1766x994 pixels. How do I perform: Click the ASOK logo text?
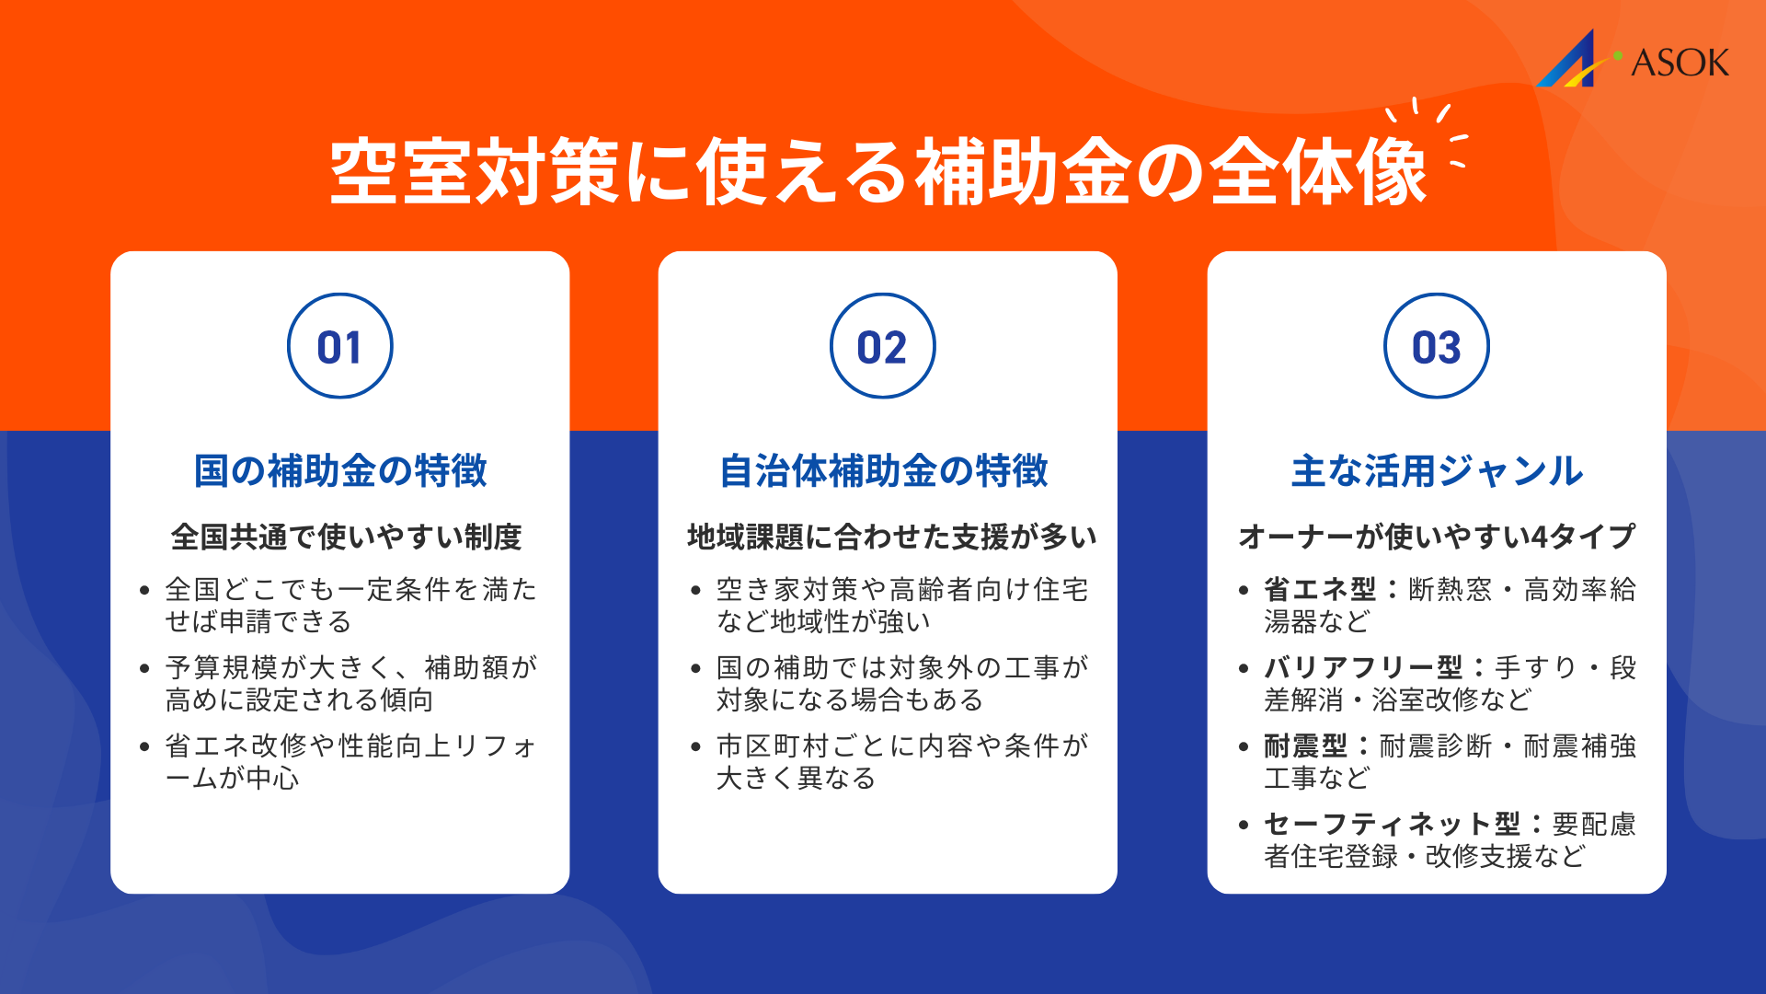coord(1680,63)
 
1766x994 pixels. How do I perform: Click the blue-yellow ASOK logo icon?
coord(1574,61)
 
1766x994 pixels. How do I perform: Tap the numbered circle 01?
coord(339,346)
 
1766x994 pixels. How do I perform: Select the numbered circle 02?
coord(882,346)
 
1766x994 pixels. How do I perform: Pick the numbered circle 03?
coord(1436,346)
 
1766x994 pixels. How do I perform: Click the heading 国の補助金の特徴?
coord(339,470)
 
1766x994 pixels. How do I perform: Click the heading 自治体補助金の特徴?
coord(883,470)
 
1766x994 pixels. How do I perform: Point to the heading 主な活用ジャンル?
coord(1436,470)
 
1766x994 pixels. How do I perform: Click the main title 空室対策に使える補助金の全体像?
coord(878,172)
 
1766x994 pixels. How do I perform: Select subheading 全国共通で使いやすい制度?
coord(346,537)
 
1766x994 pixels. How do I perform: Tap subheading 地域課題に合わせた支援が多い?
coord(891,537)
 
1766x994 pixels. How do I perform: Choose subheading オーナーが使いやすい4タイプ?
coord(1436,537)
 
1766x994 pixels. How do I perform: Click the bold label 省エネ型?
coord(1320,589)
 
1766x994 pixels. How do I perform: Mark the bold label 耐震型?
coord(1305,745)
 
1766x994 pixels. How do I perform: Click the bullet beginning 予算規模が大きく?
coord(350,683)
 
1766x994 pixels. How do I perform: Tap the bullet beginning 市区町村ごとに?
coord(901,761)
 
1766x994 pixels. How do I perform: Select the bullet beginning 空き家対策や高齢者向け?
coord(901,605)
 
